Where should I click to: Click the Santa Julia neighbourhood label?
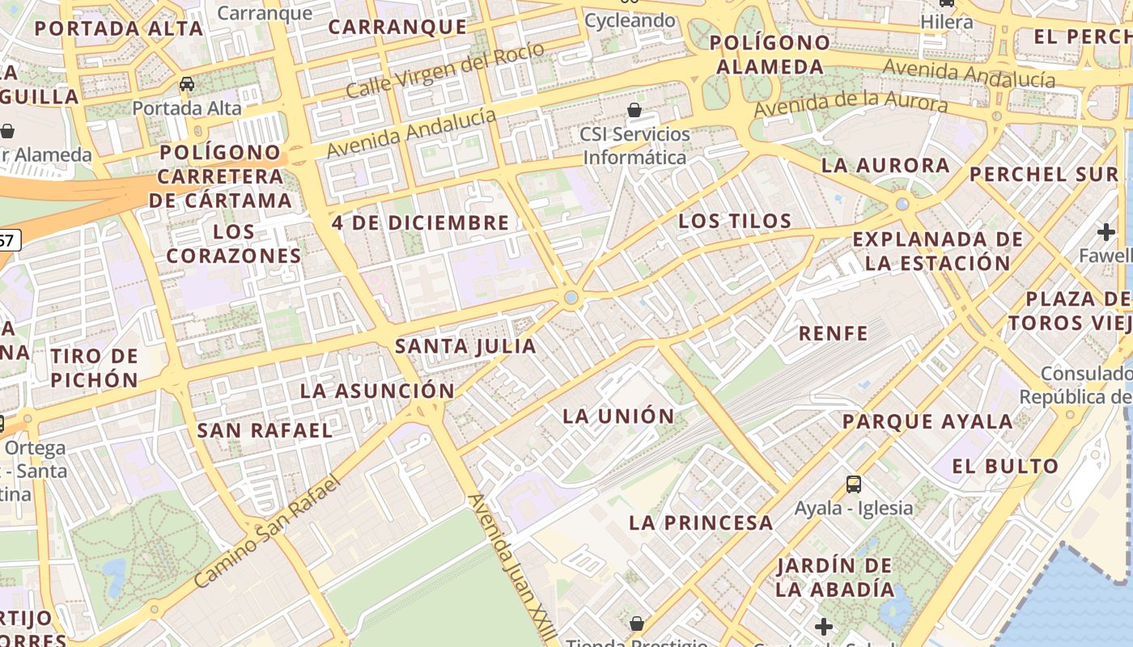465,347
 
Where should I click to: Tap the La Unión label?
618,417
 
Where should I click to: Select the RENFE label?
833,333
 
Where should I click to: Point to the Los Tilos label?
735,221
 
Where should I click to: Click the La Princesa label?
701,522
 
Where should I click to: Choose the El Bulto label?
1005,466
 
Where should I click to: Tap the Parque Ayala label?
927,421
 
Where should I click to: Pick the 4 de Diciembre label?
421,222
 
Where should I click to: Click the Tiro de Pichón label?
95,367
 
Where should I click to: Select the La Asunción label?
377,391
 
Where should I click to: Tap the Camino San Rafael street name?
268,531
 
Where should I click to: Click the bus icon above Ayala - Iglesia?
854,484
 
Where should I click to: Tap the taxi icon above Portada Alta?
187,84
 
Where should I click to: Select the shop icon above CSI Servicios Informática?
635,109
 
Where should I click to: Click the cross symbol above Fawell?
1106,233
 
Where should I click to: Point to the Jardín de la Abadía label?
834,577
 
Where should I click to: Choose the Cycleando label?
630,20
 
